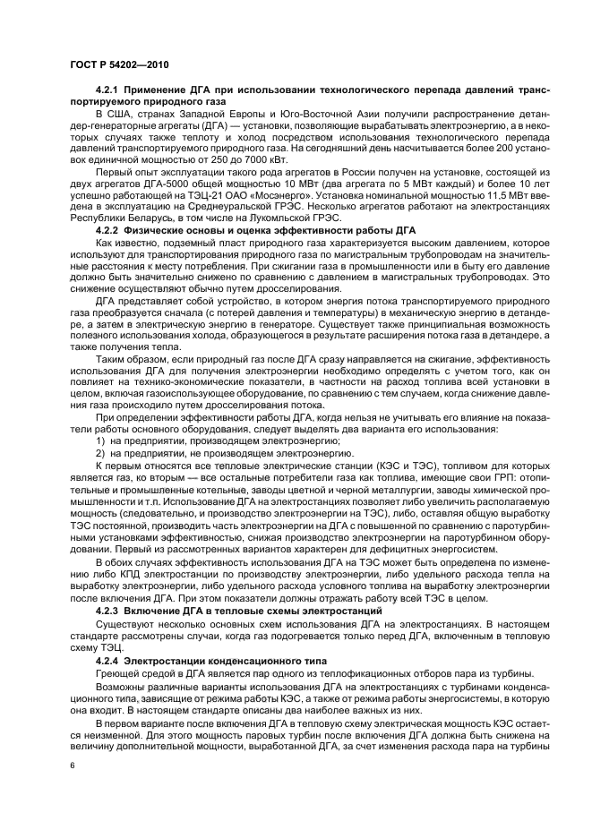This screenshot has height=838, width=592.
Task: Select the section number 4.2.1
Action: pos(110,91)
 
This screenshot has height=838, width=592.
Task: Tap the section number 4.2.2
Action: pos(110,231)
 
